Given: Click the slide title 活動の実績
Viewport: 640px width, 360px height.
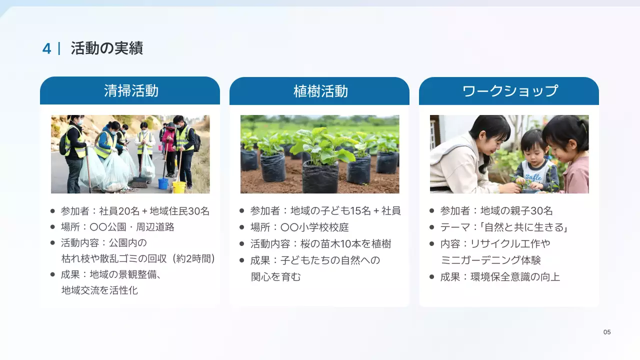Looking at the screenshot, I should (x=106, y=48).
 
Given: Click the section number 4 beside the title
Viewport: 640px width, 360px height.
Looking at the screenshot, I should (x=46, y=48).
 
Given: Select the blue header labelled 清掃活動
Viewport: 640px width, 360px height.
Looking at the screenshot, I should (x=130, y=90).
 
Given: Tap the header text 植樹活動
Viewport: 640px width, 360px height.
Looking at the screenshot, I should (x=320, y=91).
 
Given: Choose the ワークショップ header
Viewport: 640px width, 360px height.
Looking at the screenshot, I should (x=509, y=91).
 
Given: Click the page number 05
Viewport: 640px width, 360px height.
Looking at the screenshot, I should (x=607, y=332).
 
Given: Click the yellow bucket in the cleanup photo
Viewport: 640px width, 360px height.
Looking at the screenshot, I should (x=178, y=186).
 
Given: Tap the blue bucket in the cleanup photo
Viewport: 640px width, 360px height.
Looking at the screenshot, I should (x=163, y=183).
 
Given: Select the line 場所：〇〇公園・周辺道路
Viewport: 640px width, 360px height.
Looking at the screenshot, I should (x=117, y=227).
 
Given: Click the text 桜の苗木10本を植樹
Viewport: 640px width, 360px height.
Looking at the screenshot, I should (x=345, y=244).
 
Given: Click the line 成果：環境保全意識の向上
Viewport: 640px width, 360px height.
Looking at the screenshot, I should (x=500, y=276).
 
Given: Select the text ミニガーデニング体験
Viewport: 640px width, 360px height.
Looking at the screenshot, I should (x=490, y=260).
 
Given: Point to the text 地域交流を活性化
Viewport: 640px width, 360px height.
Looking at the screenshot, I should (x=99, y=290).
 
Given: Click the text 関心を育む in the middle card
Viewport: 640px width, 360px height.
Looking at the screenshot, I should (x=276, y=276).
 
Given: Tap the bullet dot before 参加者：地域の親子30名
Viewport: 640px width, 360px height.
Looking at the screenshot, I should (x=432, y=211).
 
